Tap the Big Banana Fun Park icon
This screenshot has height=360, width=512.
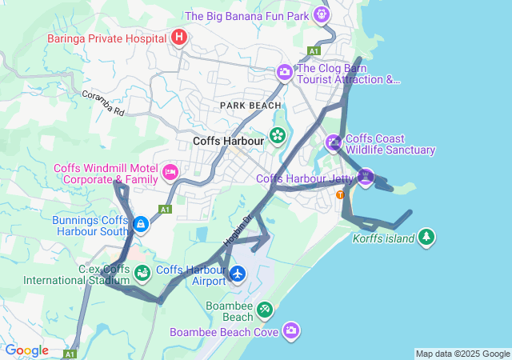(x=322, y=14)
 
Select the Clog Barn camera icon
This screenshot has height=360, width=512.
(x=284, y=73)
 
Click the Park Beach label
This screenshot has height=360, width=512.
(x=251, y=106)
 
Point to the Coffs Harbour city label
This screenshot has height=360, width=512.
(x=229, y=142)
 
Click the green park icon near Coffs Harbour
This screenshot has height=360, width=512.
(x=277, y=136)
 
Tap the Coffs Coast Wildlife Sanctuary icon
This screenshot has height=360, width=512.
(x=334, y=143)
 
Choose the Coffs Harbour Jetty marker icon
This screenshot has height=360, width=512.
(x=365, y=177)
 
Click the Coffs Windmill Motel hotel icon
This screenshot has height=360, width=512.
(x=170, y=172)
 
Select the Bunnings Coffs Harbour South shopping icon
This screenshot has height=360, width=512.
(x=141, y=225)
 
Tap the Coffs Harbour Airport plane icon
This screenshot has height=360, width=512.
(x=238, y=274)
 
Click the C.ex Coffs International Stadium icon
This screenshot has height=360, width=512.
(x=142, y=274)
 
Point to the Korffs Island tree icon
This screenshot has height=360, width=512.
(x=426, y=237)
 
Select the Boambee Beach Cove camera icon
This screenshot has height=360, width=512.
(x=291, y=330)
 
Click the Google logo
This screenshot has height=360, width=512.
(x=26, y=350)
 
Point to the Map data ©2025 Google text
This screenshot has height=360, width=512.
(x=462, y=354)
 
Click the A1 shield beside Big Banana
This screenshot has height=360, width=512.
(x=314, y=50)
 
